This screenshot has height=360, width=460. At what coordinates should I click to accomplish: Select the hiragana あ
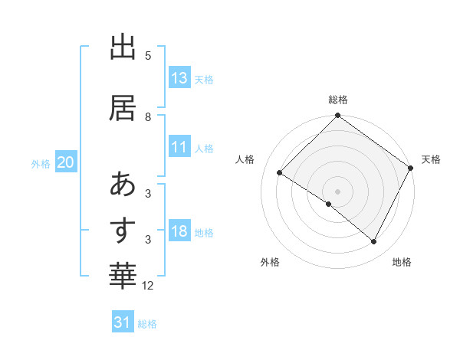[123, 184]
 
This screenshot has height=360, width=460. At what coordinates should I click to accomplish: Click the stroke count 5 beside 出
[148, 56]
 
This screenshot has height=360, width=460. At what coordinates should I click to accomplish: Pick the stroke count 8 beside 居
[148, 117]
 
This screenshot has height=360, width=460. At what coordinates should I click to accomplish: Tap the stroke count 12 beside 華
[149, 286]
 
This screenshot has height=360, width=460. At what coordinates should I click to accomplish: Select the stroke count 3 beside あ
[148, 194]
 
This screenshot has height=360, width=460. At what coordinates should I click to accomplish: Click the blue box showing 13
[179, 78]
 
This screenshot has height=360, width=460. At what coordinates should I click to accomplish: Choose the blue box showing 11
[179, 148]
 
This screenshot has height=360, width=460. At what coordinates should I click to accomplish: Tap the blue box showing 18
[179, 232]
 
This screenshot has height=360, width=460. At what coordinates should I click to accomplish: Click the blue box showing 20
[66, 162]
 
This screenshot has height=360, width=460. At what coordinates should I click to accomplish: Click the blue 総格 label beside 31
[148, 324]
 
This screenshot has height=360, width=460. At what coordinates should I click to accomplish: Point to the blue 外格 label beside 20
[41, 163]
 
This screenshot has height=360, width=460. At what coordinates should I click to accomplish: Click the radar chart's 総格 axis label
[337, 100]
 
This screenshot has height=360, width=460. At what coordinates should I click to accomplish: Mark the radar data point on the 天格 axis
[411, 168]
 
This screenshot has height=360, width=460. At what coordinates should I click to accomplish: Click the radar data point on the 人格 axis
[280, 173]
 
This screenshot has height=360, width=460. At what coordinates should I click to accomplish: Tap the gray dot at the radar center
[337, 191]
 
